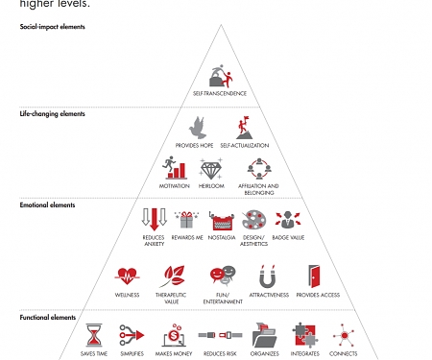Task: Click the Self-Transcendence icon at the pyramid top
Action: [x=220, y=76]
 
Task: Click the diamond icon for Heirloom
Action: [x=211, y=170]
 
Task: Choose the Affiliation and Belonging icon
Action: [x=257, y=169]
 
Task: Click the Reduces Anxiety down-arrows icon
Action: [x=154, y=220]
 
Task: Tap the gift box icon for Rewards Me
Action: [x=186, y=220]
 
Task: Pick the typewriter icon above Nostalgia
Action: [x=222, y=221]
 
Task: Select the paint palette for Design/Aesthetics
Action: [x=254, y=221]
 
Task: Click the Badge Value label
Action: [x=288, y=236]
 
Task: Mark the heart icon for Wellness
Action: [x=127, y=277]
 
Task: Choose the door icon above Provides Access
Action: [x=314, y=276]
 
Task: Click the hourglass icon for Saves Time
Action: [x=94, y=335]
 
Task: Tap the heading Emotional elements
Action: [x=47, y=204]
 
